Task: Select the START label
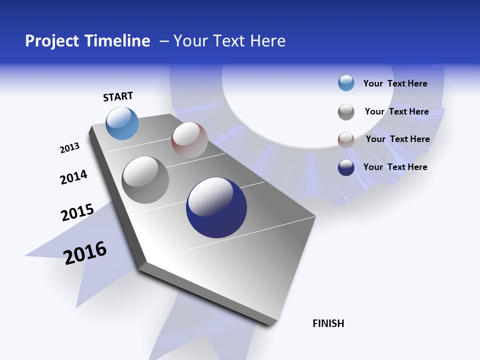tap(118, 96)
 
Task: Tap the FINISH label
tap(328, 323)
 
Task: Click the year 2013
tap(69, 148)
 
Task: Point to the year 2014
tap(73, 177)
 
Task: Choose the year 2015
tap(77, 212)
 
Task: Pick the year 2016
tap(85, 253)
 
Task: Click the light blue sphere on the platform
tap(122, 123)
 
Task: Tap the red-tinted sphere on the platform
tap(189, 140)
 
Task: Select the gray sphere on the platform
tap(145, 180)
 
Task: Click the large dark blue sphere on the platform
tap(216, 207)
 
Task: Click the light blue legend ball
tap(346, 83)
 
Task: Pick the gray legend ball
tap(346, 112)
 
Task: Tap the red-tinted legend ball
tap(346, 140)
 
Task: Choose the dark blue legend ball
tap(346, 167)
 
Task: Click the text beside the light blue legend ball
tap(395, 83)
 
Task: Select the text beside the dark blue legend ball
tap(395, 167)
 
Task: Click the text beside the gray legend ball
tap(397, 111)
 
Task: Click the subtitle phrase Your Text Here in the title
tap(229, 41)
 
